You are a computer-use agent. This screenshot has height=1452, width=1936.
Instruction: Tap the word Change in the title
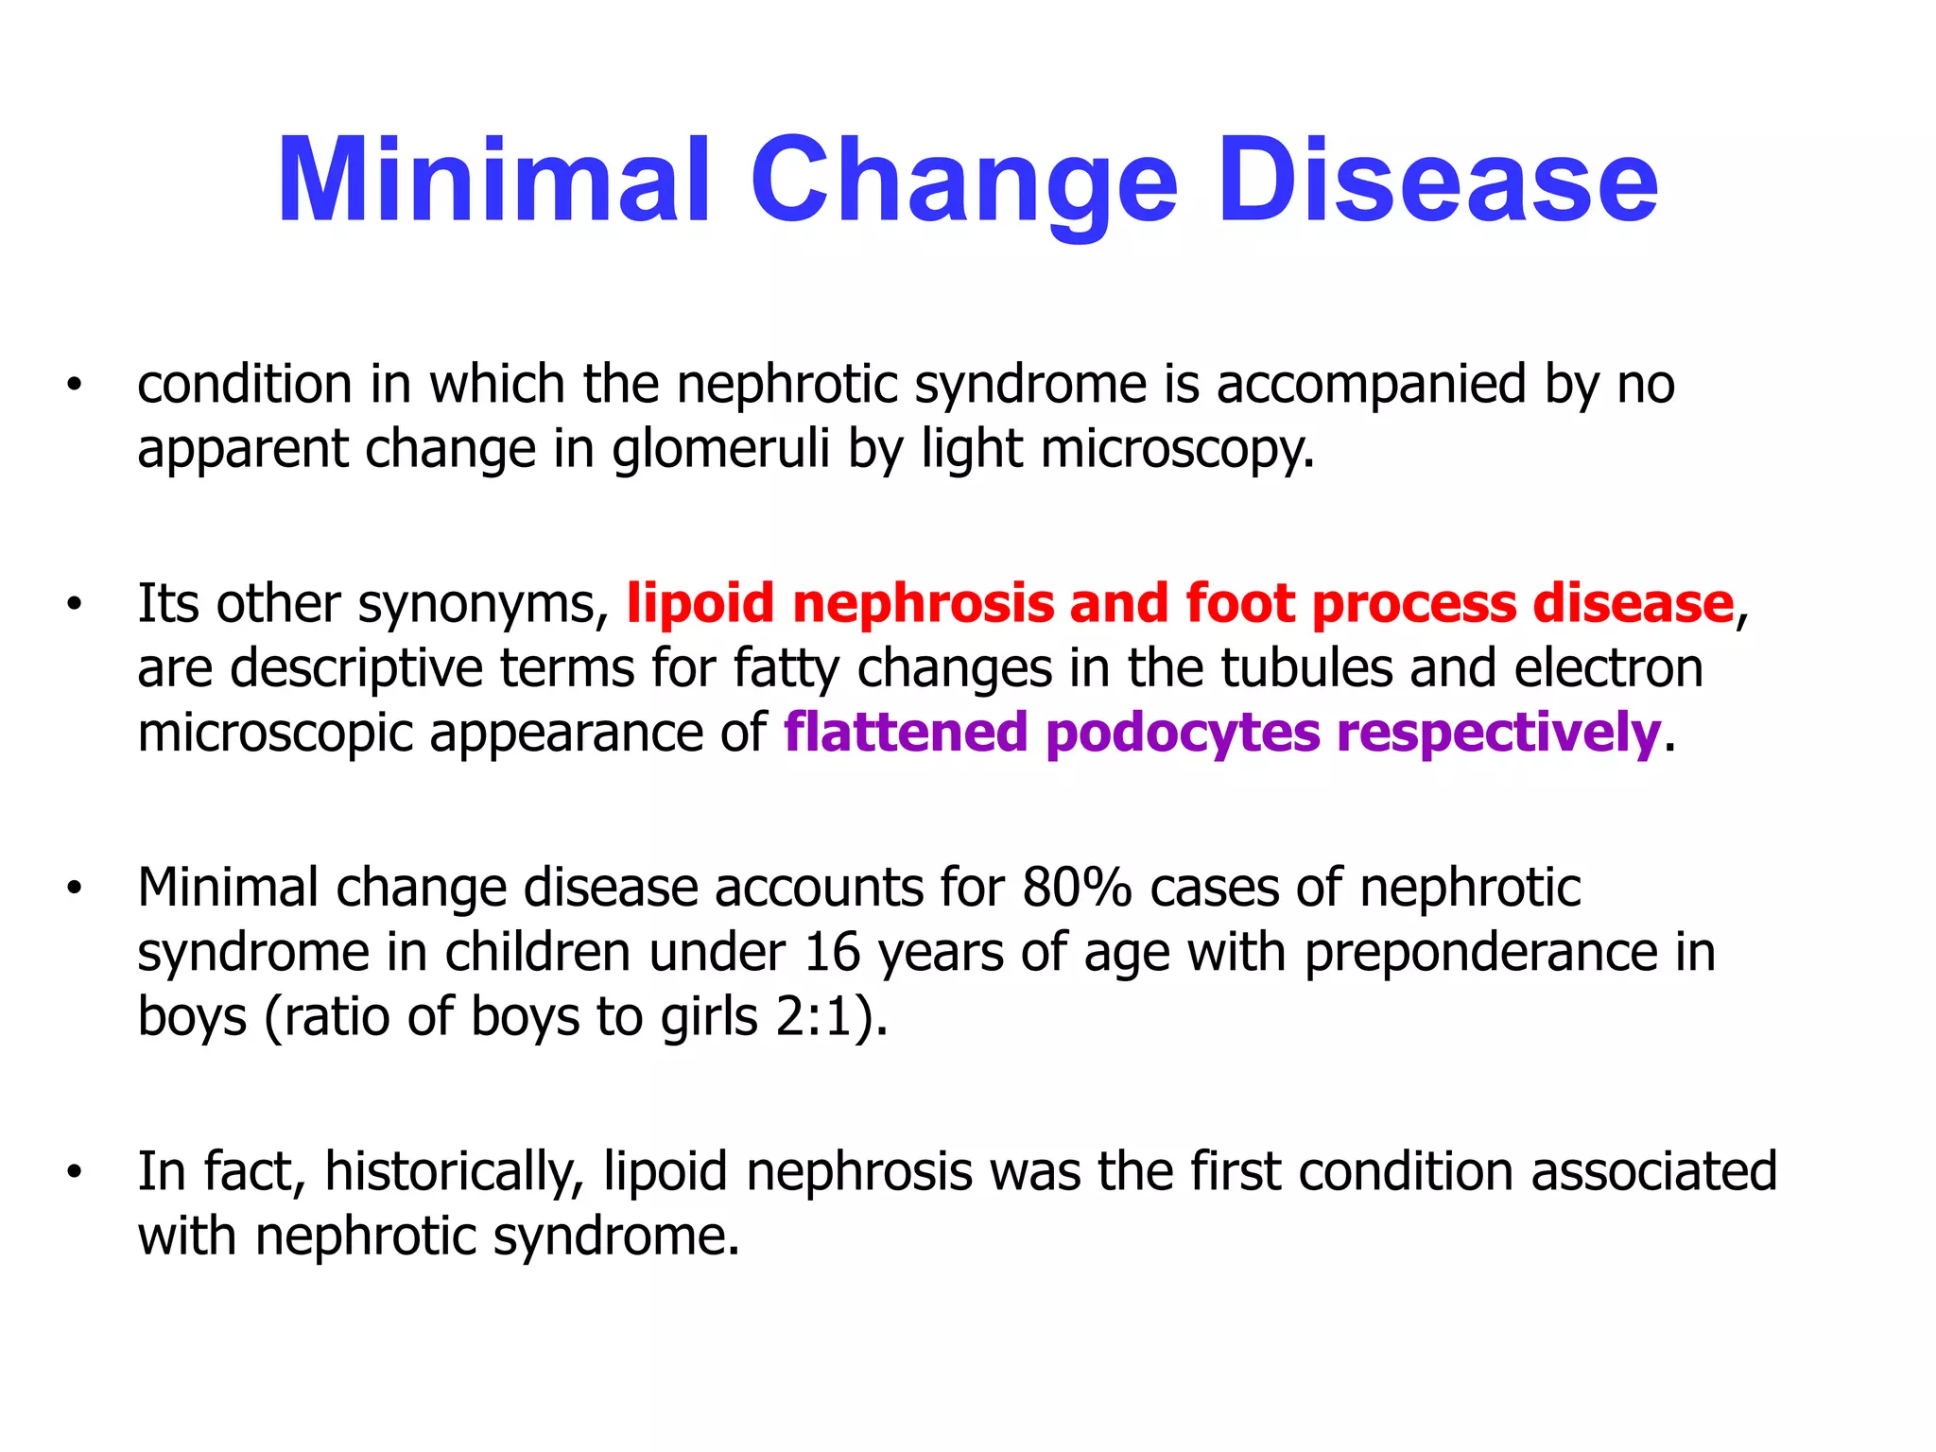tap(963, 184)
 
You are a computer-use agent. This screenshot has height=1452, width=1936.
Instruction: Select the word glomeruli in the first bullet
tap(721, 448)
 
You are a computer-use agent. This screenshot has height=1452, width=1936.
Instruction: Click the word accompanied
tap(1371, 386)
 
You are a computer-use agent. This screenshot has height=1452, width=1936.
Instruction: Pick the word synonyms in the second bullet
tap(483, 605)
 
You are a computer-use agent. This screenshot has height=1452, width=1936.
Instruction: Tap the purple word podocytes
tap(1183, 734)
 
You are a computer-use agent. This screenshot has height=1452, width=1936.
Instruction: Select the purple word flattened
tap(906, 733)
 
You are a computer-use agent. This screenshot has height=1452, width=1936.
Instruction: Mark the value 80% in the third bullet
tap(1077, 888)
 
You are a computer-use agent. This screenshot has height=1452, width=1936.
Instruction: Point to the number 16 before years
tap(832, 952)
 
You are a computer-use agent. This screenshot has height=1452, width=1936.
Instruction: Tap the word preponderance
tap(1481, 953)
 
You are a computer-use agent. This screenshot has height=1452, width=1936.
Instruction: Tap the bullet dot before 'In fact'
tap(74, 1172)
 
